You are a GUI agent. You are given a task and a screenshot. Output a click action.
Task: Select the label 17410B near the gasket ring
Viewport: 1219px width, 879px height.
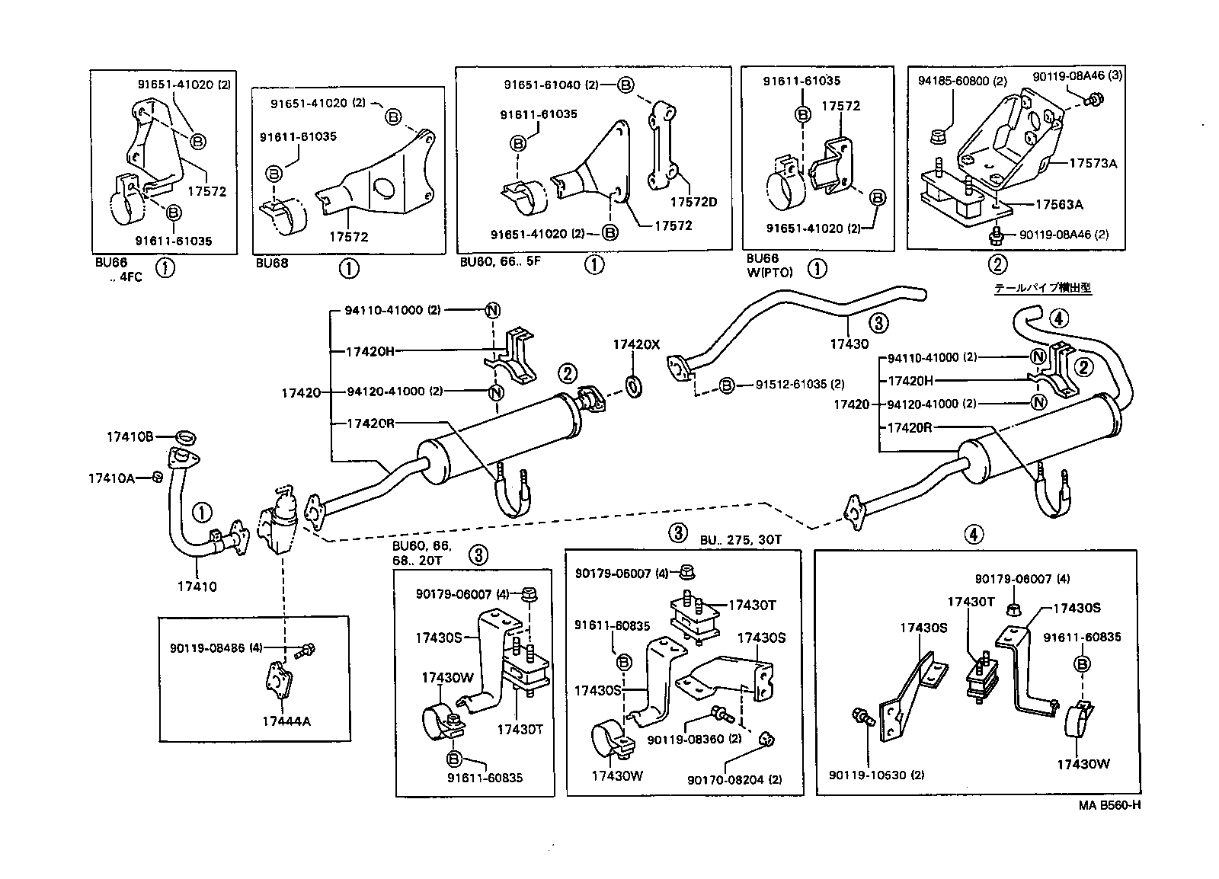pos(130,436)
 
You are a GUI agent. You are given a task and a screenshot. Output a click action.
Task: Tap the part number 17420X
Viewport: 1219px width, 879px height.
pos(635,344)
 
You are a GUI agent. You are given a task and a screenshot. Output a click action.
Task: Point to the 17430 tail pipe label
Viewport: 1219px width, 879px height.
pos(849,344)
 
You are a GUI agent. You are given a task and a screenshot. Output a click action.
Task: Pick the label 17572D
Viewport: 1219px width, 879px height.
pos(693,202)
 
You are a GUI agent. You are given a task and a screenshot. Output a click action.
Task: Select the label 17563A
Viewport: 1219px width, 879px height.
pos(1058,204)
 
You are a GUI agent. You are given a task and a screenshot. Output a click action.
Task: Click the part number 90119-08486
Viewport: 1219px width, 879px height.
pos(207,647)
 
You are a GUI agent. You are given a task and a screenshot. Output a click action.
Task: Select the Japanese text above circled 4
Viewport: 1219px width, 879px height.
pos(1042,289)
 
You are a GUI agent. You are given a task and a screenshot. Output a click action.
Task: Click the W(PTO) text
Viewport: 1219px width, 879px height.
pos(770,272)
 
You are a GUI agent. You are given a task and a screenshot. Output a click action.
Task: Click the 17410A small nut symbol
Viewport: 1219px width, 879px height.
pos(157,477)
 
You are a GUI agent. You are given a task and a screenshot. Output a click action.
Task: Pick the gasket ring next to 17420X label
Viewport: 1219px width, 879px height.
pos(632,385)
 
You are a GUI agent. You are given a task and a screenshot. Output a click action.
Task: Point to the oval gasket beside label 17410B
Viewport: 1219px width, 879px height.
pos(185,437)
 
